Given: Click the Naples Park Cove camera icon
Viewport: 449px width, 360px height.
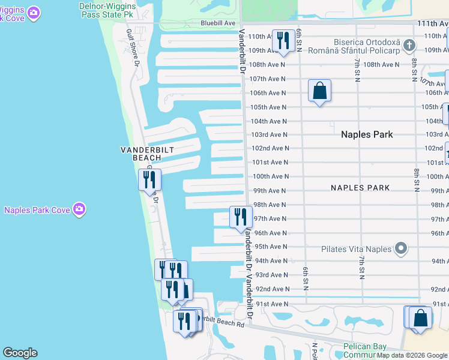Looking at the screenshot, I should (x=79, y=209).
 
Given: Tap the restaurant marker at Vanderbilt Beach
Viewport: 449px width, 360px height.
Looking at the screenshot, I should (x=149, y=179).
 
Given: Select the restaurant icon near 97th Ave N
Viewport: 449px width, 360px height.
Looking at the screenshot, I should (x=241, y=217).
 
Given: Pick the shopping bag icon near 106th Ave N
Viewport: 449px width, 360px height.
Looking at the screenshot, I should (x=320, y=91).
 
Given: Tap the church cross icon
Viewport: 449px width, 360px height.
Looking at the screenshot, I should (x=409, y=45).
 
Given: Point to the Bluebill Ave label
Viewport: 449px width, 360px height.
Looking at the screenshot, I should (x=218, y=23).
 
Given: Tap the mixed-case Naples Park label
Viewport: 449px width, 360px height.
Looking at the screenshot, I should (x=367, y=134).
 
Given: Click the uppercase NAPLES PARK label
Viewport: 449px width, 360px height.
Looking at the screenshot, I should (x=360, y=188).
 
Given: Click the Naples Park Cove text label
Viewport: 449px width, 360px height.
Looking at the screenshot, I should (x=37, y=210).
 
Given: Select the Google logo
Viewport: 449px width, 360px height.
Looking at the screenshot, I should (x=20, y=353).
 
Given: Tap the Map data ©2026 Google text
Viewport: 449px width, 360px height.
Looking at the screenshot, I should (x=412, y=355).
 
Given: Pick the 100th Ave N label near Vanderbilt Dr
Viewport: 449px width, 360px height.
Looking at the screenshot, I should (x=270, y=176).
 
